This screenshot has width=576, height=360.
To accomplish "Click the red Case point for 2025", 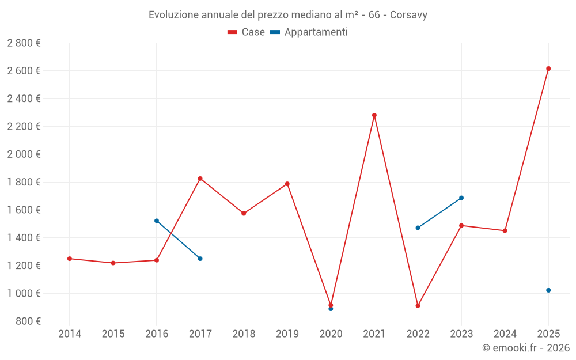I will [x=548, y=69].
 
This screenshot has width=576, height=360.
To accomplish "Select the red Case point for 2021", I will [x=374, y=115].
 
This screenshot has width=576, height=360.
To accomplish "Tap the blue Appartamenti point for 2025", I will [x=548, y=290].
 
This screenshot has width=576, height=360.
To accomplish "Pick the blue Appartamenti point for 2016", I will [x=157, y=221].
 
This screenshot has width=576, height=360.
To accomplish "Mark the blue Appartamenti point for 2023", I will [x=461, y=198].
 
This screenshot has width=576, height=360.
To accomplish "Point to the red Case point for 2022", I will [x=418, y=306].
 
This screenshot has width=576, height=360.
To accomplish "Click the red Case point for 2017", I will [x=200, y=179].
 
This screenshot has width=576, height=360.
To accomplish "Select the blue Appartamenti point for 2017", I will [x=200, y=259].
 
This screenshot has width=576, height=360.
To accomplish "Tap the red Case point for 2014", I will [x=70, y=259].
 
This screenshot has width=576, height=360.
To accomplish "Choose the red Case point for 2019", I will [x=287, y=184].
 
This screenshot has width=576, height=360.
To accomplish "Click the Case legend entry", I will [x=247, y=32].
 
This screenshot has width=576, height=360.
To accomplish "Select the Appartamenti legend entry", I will [x=309, y=32].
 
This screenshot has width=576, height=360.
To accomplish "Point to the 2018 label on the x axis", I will [x=244, y=334].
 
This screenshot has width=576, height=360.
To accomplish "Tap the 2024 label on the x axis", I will [x=505, y=334].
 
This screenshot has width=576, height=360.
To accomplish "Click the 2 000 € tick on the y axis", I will [x=24, y=154].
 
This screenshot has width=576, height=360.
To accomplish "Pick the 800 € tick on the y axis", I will [x=28, y=321].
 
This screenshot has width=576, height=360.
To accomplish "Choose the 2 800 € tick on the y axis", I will [x=24, y=43].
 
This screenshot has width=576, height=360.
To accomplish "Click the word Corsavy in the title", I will [x=408, y=15].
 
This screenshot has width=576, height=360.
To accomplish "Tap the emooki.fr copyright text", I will [x=526, y=348].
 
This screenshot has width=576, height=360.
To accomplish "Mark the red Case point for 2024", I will [x=505, y=231].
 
